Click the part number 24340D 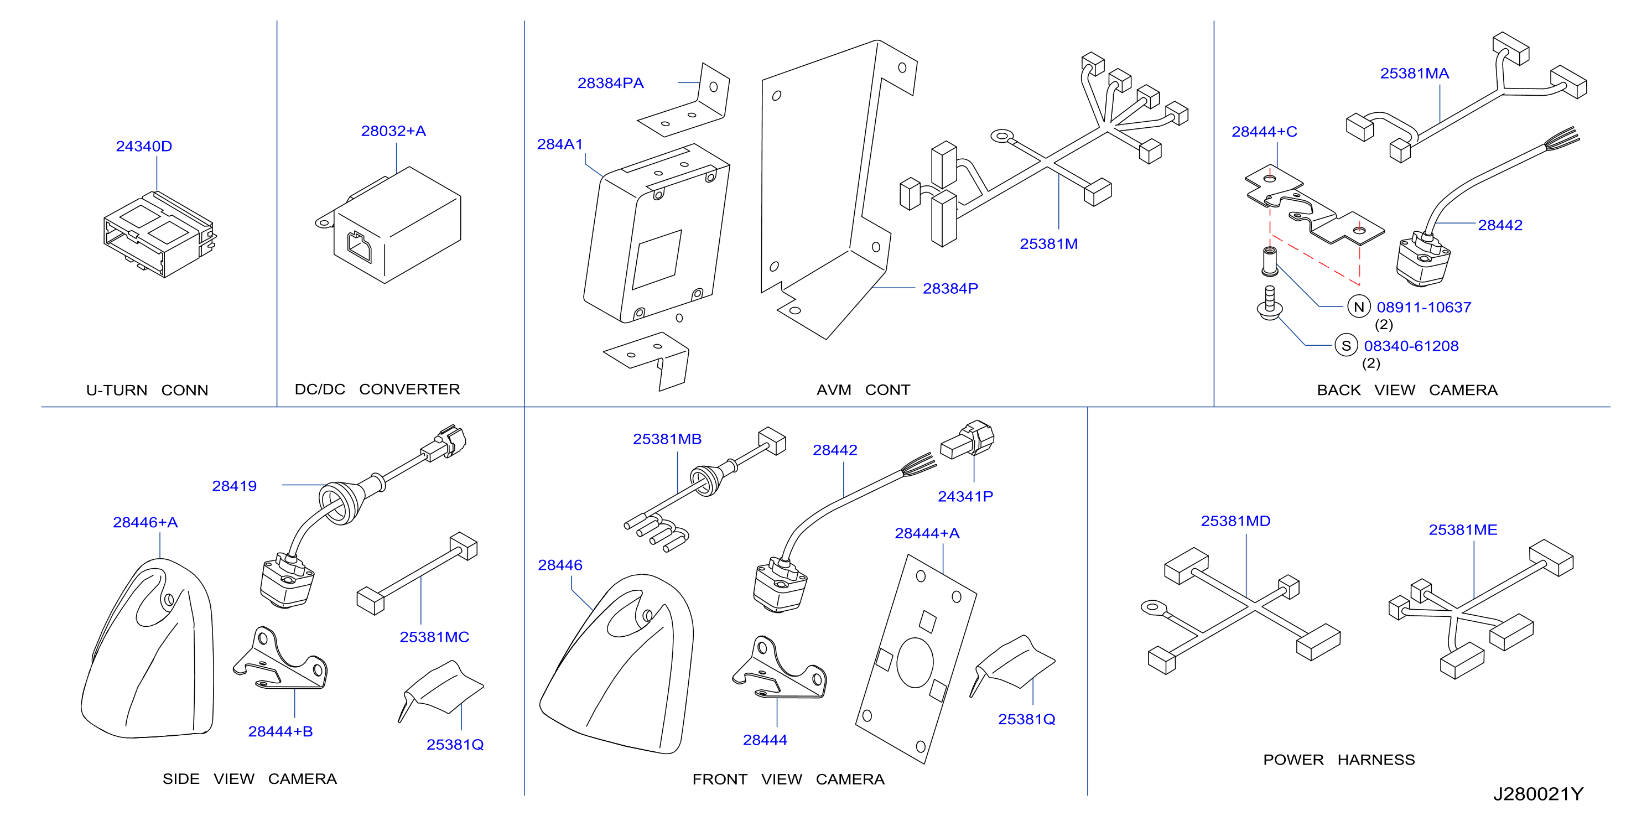tap(144, 146)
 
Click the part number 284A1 tap(559, 144)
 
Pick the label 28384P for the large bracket tap(950, 289)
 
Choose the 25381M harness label tap(1048, 244)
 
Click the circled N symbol tap(1358, 306)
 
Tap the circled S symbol tap(1346, 346)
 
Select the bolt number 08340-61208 tap(1411, 346)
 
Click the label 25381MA tap(1414, 74)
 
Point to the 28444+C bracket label tap(1264, 132)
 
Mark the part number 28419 tap(234, 486)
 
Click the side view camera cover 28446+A tap(148, 648)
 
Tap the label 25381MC tap(434, 637)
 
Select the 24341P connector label tap(965, 496)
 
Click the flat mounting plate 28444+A tap(916, 659)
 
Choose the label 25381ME tap(1463, 530)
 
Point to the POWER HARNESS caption tap(1338, 760)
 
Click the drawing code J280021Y tap(1538, 794)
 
